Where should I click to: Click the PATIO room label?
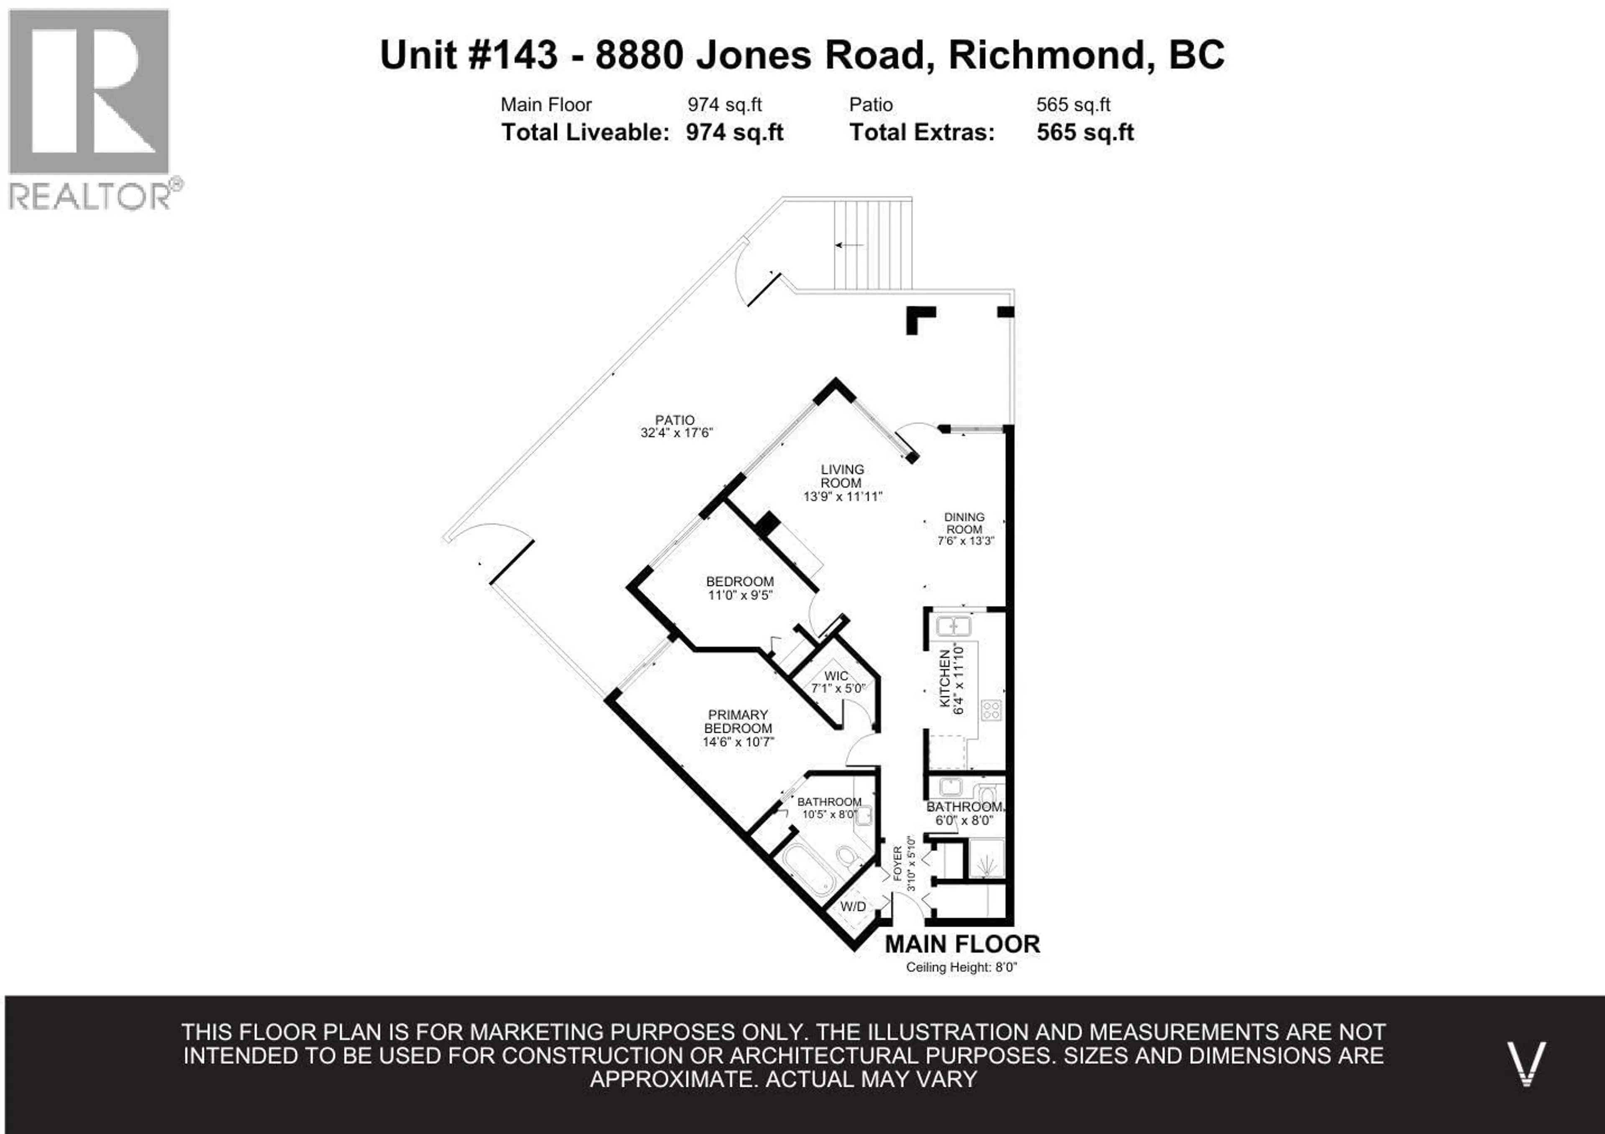pyautogui.click(x=675, y=420)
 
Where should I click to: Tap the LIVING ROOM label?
pyautogui.click(x=842, y=476)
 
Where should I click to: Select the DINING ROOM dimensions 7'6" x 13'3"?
pyautogui.click(x=966, y=541)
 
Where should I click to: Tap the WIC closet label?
pyautogui.click(x=836, y=676)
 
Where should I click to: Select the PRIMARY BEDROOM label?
pyautogui.click(x=738, y=721)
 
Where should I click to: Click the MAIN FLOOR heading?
pyautogui.click(x=962, y=944)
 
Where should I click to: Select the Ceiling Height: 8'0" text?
pyautogui.click(x=961, y=968)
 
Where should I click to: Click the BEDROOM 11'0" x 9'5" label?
pyautogui.click(x=739, y=587)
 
